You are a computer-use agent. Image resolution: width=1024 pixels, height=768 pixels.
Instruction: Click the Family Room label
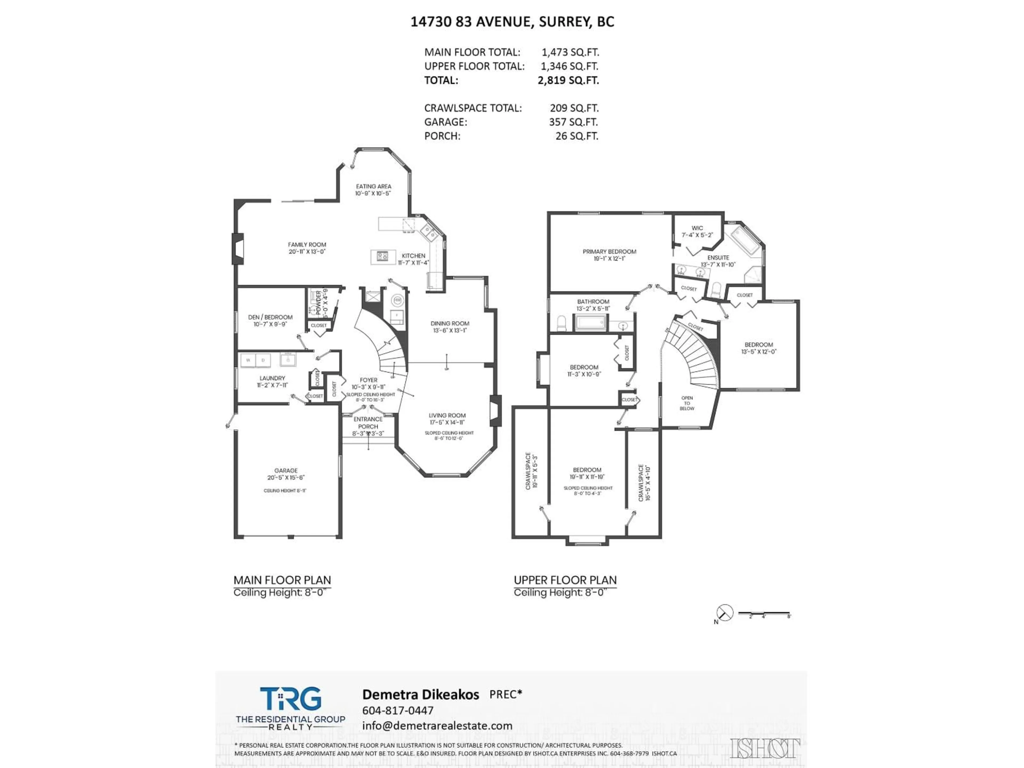307,245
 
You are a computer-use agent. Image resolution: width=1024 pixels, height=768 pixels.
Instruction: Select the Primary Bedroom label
609,251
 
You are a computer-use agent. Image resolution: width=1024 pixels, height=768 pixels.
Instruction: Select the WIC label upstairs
697,228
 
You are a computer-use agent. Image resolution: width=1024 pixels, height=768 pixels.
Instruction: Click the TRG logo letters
290,699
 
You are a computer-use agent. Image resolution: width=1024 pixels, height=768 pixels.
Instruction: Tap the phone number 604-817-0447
398,710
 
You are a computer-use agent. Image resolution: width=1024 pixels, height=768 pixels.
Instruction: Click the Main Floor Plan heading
282,580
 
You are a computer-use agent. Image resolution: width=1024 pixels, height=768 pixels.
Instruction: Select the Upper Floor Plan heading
565,580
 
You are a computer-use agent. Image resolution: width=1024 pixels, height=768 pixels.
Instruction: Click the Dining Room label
450,323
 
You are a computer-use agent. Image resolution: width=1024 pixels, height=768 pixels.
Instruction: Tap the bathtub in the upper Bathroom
590,322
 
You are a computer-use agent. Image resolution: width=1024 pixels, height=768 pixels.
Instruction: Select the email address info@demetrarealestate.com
437,725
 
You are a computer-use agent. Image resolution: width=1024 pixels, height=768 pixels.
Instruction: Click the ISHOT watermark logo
765,749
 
